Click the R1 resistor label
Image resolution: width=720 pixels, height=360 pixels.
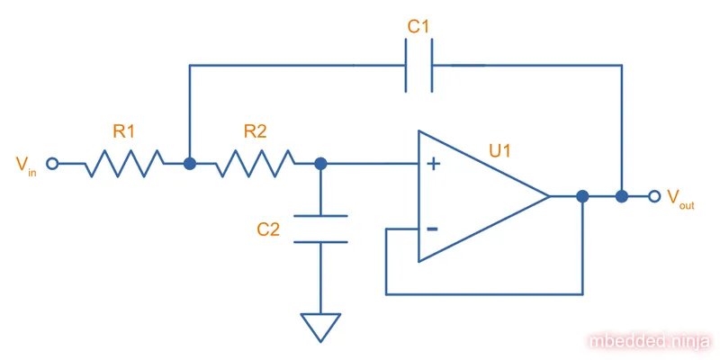click(124, 131)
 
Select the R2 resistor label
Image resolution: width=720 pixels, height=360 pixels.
click(256, 131)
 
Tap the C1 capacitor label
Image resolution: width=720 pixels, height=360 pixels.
click(418, 28)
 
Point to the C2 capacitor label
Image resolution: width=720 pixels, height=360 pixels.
click(268, 229)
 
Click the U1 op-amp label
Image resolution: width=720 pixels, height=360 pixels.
click(500, 150)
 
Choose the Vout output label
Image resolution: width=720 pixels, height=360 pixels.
click(679, 198)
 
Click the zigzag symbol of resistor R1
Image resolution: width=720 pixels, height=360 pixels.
click(125, 164)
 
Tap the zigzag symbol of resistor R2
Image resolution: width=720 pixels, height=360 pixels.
click(256, 164)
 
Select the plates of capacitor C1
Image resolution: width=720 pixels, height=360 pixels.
click(418, 65)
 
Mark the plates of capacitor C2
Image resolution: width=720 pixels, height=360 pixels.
click(320, 229)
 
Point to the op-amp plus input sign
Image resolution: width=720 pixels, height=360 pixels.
click(433, 164)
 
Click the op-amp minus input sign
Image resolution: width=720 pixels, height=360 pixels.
click(433, 229)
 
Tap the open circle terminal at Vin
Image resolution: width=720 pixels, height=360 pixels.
click(52, 164)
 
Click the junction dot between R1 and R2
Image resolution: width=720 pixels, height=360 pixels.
click(190, 164)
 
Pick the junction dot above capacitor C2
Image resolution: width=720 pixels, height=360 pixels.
click(320, 164)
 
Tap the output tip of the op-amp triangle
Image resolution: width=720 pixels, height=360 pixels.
click(548, 196)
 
